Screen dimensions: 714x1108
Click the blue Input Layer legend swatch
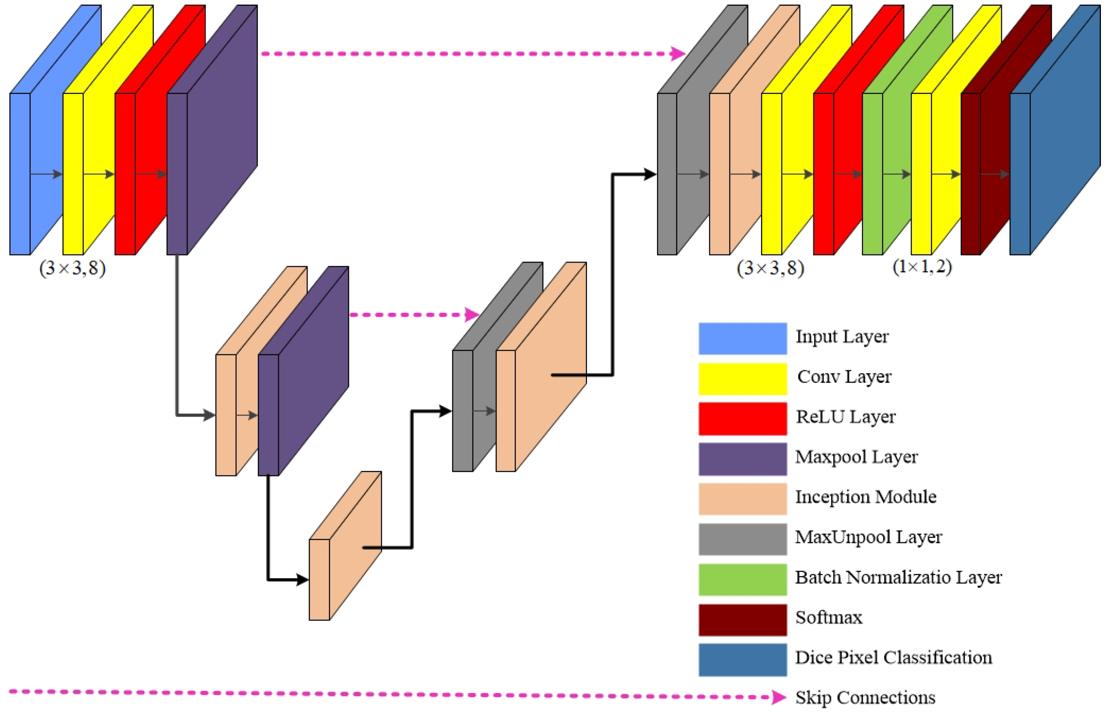click(742, 338)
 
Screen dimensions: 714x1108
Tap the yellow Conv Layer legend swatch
click(742, 379)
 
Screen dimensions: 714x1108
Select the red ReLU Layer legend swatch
click(742, 419)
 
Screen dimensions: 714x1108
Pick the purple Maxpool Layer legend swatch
click(742, 459)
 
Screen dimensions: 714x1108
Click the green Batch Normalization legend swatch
click(742, 579)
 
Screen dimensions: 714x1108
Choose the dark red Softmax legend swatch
click(742, 619)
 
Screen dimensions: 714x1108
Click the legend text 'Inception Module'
click(866, 497)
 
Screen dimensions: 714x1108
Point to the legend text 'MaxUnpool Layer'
click(868, 537)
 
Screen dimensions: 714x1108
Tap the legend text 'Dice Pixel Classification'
click(894, 657)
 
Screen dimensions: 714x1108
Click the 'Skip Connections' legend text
click(865, 697)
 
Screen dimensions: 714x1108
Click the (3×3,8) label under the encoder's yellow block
click(72, 268)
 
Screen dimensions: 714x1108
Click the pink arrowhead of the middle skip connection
click(472, 314)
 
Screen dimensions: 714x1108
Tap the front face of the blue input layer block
click(20, 174)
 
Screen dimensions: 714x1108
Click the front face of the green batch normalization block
click(872, 174)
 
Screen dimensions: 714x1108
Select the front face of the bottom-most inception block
click(319, 579)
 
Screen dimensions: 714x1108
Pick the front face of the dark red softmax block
click(970, 174)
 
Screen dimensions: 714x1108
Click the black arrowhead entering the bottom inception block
click(303, 579)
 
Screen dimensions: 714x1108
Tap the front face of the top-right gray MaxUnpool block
click(667, 174)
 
